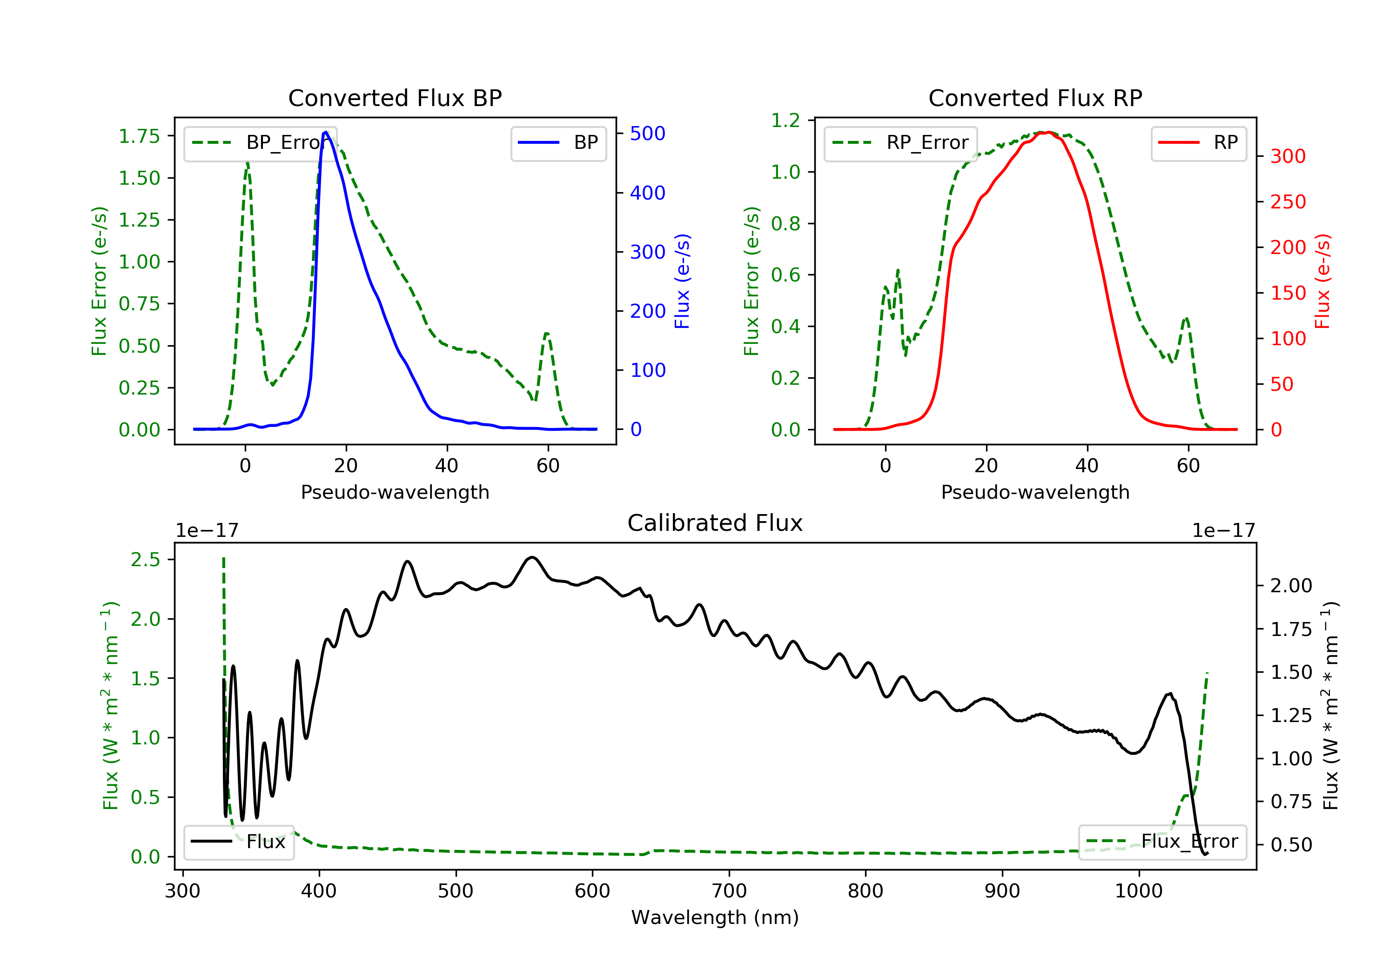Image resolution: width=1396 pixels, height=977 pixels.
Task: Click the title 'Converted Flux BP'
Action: [395, 98]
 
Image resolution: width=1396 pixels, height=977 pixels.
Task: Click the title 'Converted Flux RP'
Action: [1035, 98]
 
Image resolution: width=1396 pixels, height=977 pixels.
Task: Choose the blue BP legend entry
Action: [558, 143]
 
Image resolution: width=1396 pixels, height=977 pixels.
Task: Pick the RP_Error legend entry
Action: [900, 143]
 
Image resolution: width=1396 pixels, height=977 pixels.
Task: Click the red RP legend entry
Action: [1198, 143]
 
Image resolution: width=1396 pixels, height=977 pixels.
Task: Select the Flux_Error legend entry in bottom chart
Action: [1162, 842]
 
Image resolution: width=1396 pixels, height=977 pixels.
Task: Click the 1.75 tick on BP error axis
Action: [139, 136]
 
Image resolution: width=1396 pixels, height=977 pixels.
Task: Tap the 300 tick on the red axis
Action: [1288, 156]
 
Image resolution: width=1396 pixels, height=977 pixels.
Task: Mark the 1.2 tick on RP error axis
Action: [785, 120]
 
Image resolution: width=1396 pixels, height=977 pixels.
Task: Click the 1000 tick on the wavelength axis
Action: [1138, 890]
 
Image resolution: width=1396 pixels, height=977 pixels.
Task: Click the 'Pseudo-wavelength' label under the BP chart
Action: [395, 492]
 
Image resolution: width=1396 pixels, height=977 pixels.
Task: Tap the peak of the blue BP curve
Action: [326, 132]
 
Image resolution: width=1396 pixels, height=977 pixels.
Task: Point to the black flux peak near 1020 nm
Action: [1169, 694]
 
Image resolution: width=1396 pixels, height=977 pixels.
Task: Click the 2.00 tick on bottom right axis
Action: [1291, 585]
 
